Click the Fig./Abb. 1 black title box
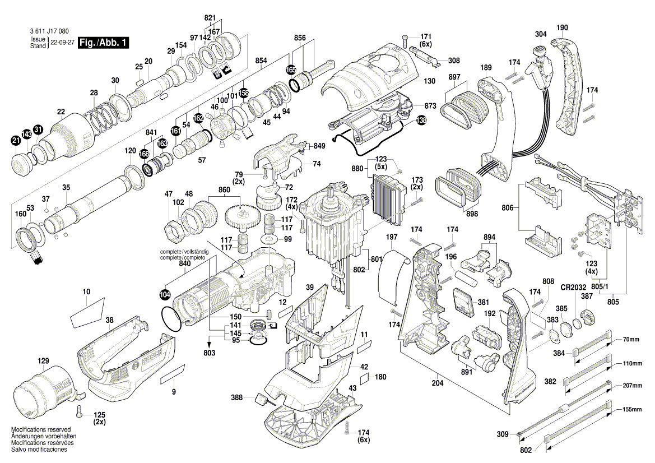tap(104, 43)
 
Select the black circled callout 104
tap(164, 294)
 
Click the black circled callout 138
tap(421, 119)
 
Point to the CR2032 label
tap(573, 288)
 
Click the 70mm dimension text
tap(631, 339)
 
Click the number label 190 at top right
tap(562, 27)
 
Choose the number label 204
tap(437, 383)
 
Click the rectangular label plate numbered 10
tap(87, 312)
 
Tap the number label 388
tap(236, 397)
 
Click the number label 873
tap(430, 105)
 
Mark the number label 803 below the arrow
tap(210, 354)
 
